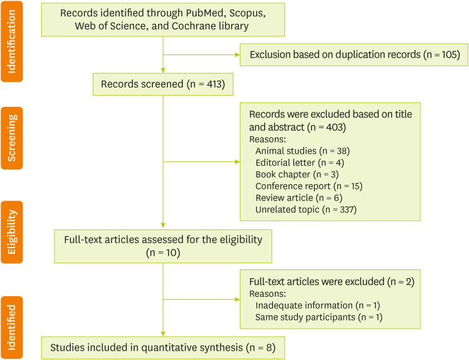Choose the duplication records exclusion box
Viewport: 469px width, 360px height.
click(354, 55)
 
